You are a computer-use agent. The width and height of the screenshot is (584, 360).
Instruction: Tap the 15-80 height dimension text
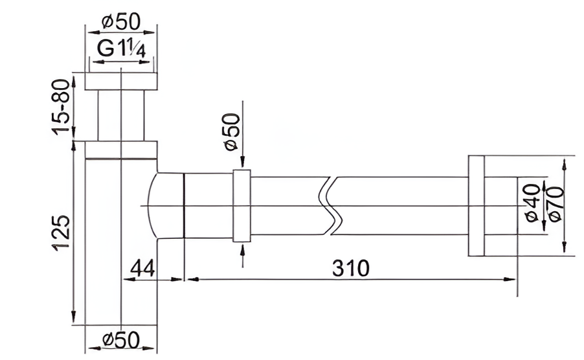click(x=60, y=107)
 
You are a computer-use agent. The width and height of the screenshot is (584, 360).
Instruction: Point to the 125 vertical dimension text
click(x=60, y=233)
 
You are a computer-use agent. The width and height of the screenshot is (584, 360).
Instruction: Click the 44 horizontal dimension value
click(x=142, y=267)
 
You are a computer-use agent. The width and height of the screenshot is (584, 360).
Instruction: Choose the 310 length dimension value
click(x=350, y=267)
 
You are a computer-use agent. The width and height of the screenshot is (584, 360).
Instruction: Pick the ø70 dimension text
click(x=554, y=203)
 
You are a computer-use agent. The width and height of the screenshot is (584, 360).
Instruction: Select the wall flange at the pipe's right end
click(x=476, y=206)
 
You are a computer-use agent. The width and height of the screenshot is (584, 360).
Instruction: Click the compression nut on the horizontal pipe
click(x=241, y=206)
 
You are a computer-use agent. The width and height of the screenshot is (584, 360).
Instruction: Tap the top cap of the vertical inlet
click(x=122, y=82)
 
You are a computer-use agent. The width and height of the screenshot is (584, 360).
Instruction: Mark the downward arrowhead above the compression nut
click(x=242, y=164)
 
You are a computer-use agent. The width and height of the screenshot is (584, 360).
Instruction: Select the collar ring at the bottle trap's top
click(x=122, y=150)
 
